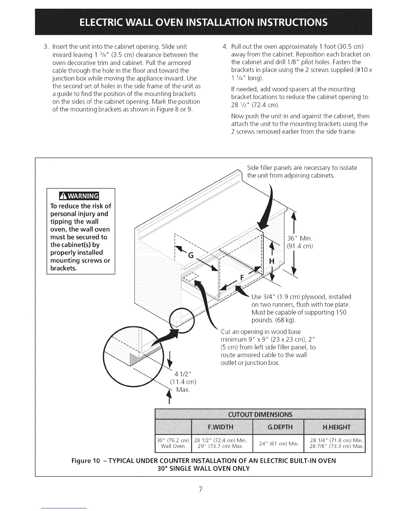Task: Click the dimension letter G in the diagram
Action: coord(191,255)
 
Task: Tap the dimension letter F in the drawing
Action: coord(243,277)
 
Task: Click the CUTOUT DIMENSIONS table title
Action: coord(260,415)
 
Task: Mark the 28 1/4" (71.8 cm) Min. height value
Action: coord(336,440)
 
